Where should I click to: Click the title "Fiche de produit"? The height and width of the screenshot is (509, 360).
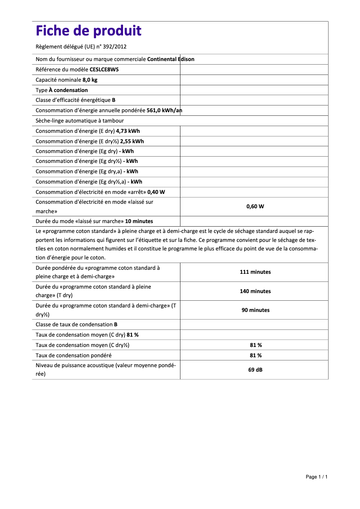click(x=88, y=31)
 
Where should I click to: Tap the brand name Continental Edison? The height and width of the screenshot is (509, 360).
click(x=171, y=59)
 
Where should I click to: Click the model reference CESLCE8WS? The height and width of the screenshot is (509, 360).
click(x=104, y=70)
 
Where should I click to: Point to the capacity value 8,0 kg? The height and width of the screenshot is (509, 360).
click(x=90, y=80)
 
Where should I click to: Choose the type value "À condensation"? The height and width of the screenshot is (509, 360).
click(x=68, y=90)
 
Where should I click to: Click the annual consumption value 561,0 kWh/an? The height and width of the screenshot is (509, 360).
click(x=164, y=110)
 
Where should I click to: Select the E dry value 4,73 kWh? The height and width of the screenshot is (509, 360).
click(x=128, y=131)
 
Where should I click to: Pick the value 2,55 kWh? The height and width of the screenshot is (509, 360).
click(x=132, y=141)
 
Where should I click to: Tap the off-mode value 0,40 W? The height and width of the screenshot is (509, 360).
click(x=156, y=192)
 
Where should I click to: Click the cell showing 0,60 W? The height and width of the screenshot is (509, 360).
click(x=255, y=206)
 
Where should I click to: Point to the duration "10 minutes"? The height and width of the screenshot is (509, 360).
click(x=139, y=221)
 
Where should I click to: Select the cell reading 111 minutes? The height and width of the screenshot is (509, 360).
click(x=255, y=272)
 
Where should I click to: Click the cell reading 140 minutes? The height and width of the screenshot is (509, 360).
click(x=255, y=291)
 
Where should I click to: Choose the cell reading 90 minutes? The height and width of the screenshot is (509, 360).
click(x=255, y=310)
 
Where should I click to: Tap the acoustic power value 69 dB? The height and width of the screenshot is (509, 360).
click(x=255, y=370)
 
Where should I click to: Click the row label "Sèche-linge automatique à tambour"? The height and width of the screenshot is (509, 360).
click(x=79, y=121)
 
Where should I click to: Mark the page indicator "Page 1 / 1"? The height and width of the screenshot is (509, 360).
click(x=316, y=477)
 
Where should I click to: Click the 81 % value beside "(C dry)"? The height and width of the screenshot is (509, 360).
click(x=133, y=335)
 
